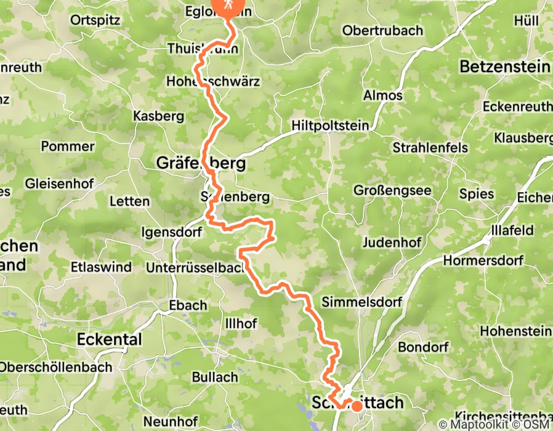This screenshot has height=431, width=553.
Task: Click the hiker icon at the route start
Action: click(228, 5)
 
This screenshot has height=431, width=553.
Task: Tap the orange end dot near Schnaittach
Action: click(357, 406)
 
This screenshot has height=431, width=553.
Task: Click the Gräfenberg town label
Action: click(201, 164)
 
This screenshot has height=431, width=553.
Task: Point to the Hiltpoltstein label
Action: click(330, 126)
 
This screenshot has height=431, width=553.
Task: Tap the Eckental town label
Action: click(110, 339)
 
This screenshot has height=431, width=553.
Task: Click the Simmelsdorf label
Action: click(361, 302)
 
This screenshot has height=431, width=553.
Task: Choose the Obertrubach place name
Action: click(382, 30)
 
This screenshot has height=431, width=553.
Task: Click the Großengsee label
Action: click(392, 191)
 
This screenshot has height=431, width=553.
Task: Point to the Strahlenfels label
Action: click(430, 148)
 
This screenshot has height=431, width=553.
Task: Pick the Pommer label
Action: click(68, 147)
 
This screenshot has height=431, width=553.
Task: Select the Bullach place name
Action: click(215, 377)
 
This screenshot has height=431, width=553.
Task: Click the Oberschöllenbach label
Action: click(56, 368)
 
